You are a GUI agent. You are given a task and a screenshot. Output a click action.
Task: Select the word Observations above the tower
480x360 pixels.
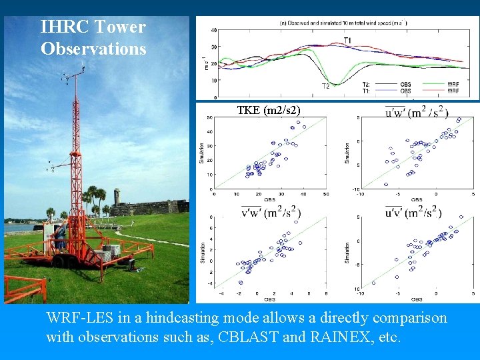pyautogui.click(x=93, y=49)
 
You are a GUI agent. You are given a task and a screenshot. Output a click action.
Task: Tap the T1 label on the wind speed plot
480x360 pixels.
pyautogui.click(x=347, y=41)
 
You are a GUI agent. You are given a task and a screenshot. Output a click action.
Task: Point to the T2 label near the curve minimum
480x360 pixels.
pyautogui.click(x=326, y=86)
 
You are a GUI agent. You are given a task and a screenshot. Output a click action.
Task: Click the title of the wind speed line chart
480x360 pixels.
pyautogui.click(x=344, y=23)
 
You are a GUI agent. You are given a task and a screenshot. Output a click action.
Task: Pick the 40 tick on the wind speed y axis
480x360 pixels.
pyautogui.click(x=213, y=30)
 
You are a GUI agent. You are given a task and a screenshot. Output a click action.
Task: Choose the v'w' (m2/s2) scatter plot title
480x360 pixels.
pyautogui.click(x=270, y=213)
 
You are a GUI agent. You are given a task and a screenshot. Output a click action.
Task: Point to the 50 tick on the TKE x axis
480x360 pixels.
pyautogui.click(x=325, y=193)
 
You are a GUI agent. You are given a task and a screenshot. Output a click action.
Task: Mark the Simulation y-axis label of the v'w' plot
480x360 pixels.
pyautogui.click(x=202, y=253)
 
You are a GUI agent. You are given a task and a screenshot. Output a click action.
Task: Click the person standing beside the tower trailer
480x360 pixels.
pyautogui.click(x=60, y=237)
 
